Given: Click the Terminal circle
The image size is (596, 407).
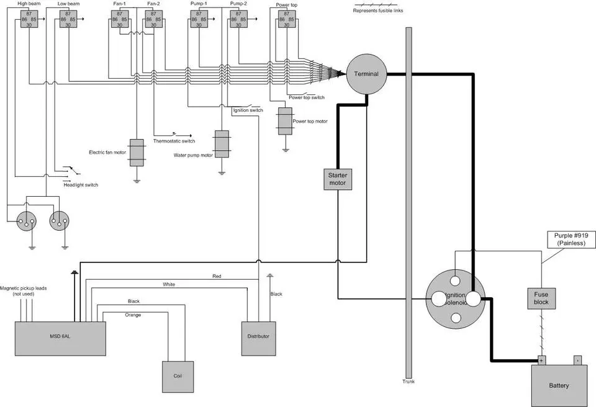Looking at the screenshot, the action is (x=366, y=74).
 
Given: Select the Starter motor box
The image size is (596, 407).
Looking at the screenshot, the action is (x=338, y=179).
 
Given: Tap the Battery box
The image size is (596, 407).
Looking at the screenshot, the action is (x=559, y=386).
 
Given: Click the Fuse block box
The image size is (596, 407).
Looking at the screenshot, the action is (x=541, y=298).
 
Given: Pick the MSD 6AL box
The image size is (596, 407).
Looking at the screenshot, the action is (x=60, y=339).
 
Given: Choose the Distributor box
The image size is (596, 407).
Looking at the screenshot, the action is (x=258, y=339).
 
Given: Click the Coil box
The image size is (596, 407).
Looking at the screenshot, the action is (x=178, y=377).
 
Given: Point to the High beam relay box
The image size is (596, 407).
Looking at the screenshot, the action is (x=29, y=19).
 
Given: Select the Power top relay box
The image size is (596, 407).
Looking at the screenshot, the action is (x=287, y=19).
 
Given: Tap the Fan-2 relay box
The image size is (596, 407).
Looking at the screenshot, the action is (x=153, y=19).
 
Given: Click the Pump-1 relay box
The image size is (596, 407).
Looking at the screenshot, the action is (x=199, y=19).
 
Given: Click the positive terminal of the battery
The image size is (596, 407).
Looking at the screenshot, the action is (x=541, y=360).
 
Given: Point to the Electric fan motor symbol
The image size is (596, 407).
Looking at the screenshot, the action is (x=137, y=153).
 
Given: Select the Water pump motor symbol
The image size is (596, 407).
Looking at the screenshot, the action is (x=222, y=145).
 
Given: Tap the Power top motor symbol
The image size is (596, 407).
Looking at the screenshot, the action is (x=285, y=121).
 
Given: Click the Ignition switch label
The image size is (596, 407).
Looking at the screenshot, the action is (x=248, y=110).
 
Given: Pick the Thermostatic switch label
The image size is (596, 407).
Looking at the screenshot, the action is (x=174, y=141).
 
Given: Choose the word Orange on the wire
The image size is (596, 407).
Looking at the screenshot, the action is (x=133, y=315).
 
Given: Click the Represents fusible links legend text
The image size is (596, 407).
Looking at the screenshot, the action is (x=378, y=11).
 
